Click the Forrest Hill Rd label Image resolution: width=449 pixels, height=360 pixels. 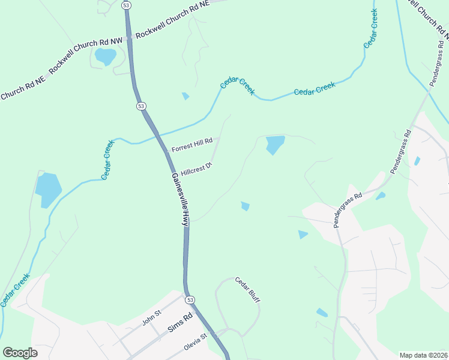[x=192, y=145]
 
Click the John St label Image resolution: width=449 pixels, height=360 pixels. [x=152, y=316]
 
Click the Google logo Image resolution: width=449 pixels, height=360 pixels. [x=20, y=353]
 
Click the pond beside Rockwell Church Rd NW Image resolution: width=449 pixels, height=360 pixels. [x=106, y=57]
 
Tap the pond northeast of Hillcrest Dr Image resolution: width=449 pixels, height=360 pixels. [x=275, y=144]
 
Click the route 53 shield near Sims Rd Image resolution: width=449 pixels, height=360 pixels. [x=190, y=299]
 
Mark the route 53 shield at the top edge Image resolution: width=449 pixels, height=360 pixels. [x=125, y=4]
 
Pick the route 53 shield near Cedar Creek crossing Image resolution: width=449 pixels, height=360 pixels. [x=141, y=106]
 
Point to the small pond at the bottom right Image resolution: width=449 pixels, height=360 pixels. [x=322, y=313]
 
